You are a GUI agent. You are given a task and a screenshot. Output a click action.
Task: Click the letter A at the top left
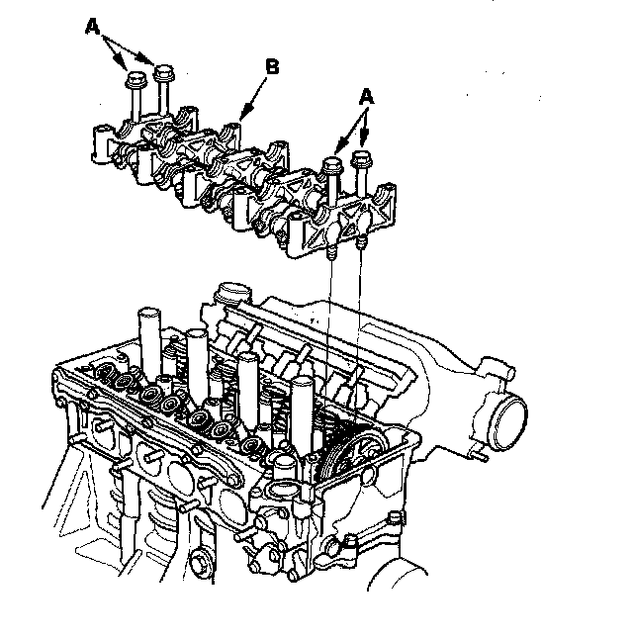click(x=93, y=27)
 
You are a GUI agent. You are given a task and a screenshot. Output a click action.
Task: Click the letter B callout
click(x=272, y=66)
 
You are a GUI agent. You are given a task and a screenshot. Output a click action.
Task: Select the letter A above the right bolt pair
click(x=366, y=98)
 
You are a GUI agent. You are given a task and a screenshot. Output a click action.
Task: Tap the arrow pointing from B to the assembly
click(x=253, y=99)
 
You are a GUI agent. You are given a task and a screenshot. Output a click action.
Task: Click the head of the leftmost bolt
click(x=136, y=79)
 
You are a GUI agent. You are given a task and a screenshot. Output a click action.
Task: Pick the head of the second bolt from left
click(x=163, y=73)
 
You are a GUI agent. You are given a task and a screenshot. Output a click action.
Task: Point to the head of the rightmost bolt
click(x=362, y=159)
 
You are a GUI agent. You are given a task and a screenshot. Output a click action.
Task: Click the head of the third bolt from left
click(x=332, y=164)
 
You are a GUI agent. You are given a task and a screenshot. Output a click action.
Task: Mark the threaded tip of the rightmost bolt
click(x=361, y=243)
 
